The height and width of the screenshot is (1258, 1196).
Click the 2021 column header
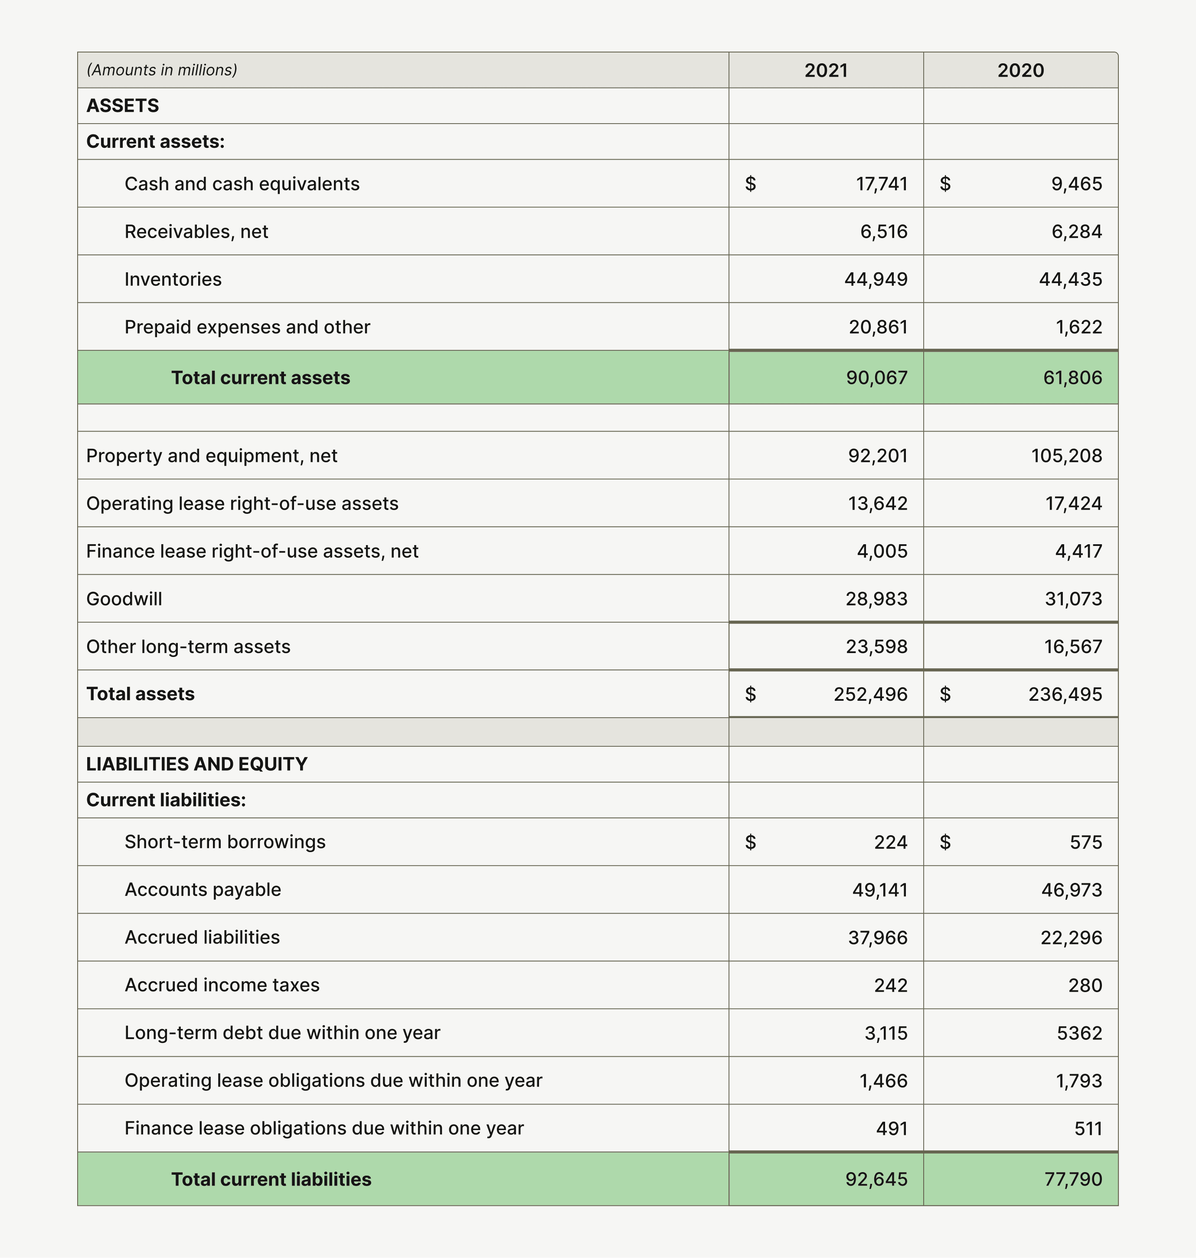coord(826,70)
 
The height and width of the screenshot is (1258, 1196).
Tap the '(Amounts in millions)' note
coord(162,70)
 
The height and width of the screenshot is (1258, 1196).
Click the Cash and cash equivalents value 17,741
coord(881,183)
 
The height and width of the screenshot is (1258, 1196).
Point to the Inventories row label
coord(173,279)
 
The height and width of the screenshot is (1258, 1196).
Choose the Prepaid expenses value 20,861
coord(877,327)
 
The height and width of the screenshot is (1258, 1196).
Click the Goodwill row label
coord(124,599)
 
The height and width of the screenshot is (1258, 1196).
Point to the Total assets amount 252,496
coord(870,694)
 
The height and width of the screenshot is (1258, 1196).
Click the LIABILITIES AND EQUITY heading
coord(196,764)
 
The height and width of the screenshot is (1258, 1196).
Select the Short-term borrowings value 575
coord(1086,842)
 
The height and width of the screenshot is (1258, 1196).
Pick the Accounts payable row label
coord(203,889)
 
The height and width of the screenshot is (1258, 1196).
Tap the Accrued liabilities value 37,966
coord(877,937)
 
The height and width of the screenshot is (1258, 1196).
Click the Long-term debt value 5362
coord(1079,1033)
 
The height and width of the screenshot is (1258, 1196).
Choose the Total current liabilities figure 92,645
coord(876,1179)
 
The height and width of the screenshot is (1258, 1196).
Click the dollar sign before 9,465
coord(945,183)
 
